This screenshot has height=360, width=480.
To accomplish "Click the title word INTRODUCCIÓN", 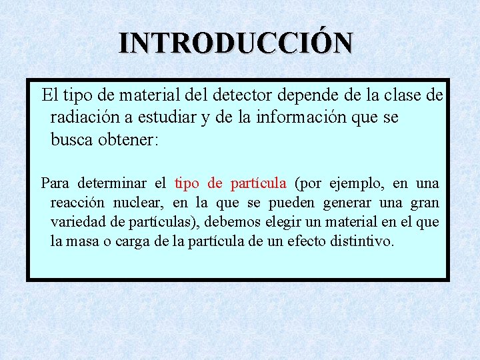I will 236,43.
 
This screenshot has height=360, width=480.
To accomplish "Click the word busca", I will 71,140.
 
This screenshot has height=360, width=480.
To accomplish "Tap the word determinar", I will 114,183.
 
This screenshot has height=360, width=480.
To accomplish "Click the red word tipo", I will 187,183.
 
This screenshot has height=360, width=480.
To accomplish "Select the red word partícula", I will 259,183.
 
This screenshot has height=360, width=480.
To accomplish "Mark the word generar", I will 350,203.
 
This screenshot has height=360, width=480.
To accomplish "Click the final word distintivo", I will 364,241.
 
